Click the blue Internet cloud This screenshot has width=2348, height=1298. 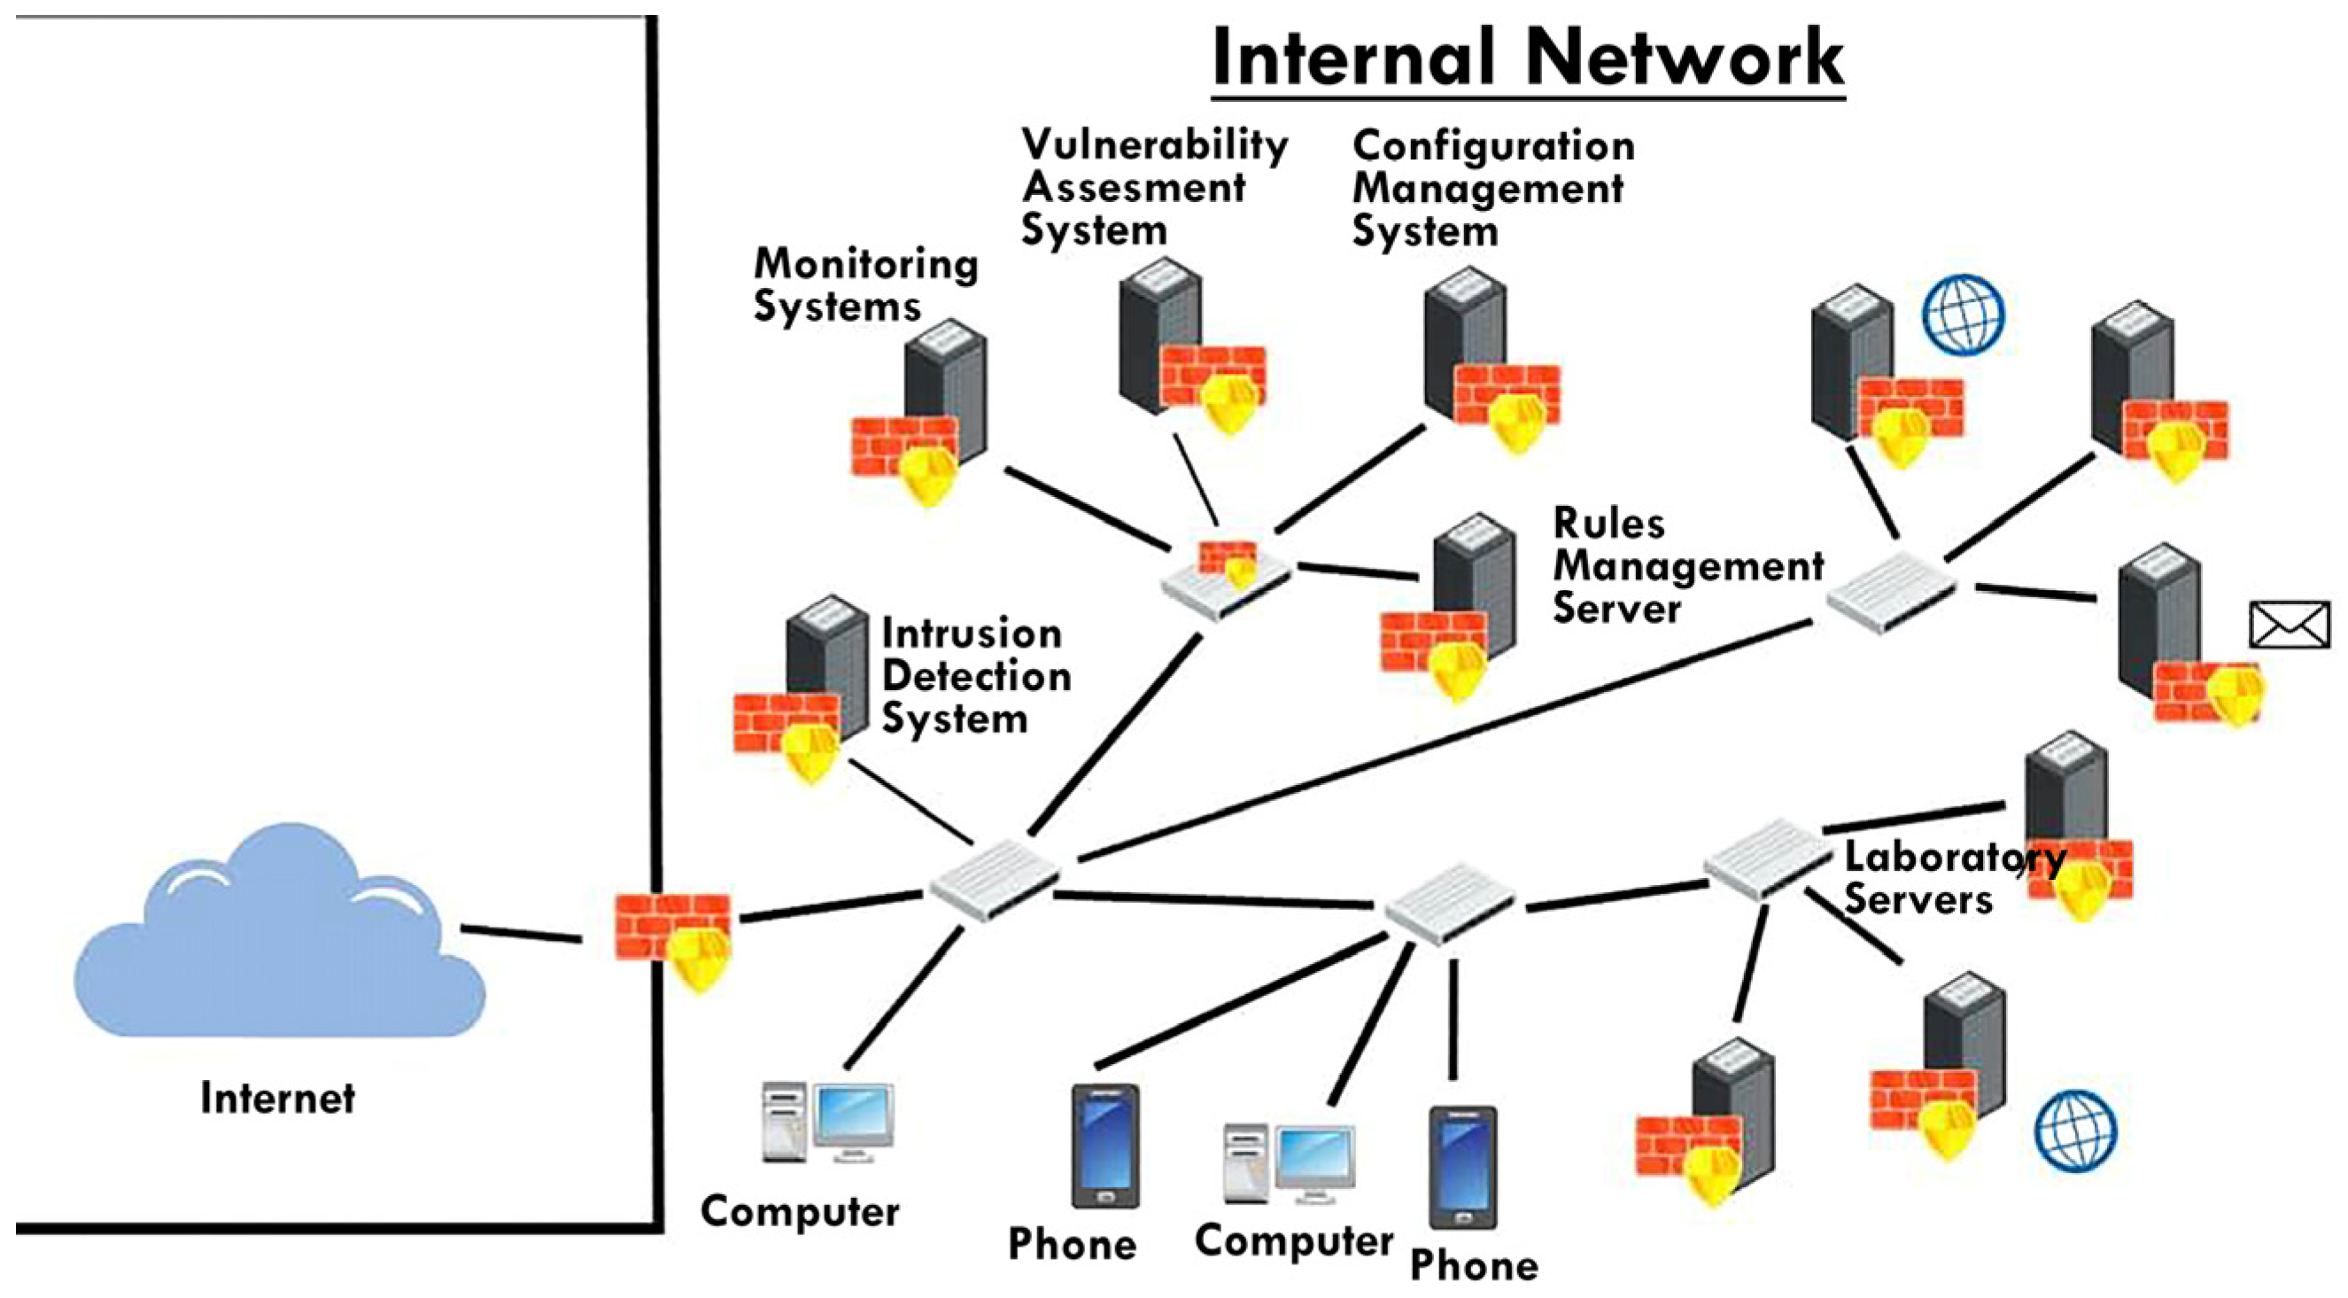click(274, 948)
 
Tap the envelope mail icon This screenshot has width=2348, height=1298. click(2289, 625)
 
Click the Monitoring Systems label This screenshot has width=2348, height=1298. click(864, 284)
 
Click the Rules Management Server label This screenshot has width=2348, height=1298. click(1686, 565)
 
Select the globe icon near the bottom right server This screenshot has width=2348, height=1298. click(2074, 1131)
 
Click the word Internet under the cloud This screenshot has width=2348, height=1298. click(277, 1098)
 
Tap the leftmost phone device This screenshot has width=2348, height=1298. click(1104, 1146)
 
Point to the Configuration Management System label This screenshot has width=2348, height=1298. click(1492, 188)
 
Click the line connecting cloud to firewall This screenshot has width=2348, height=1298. click(522, 933)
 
